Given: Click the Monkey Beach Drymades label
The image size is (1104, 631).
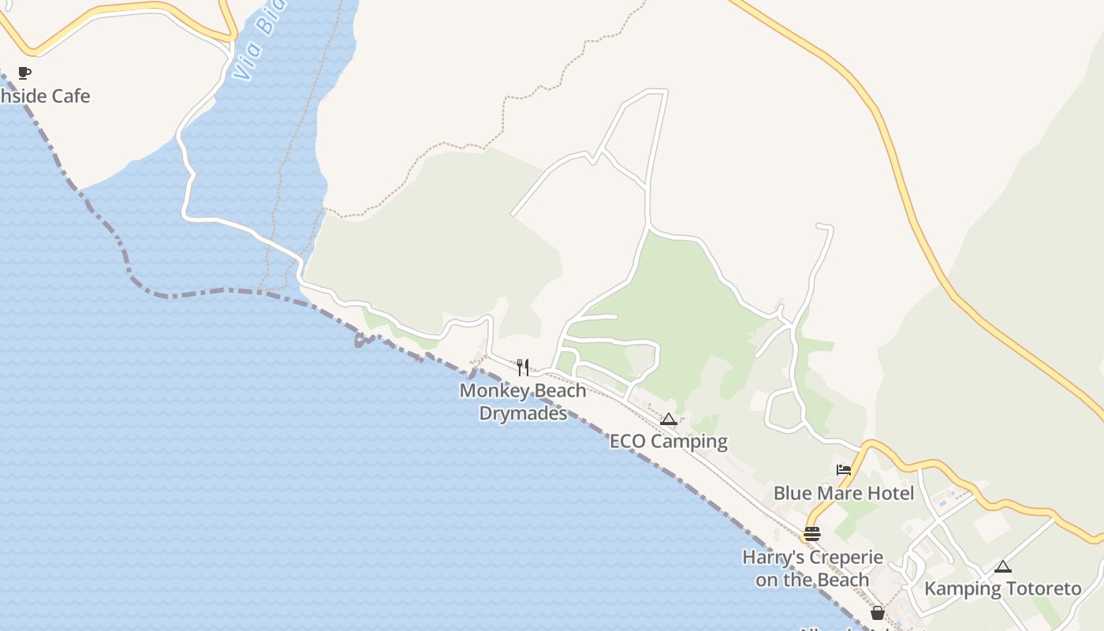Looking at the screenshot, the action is (523, 401).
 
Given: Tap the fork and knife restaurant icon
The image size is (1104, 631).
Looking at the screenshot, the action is (523, 368).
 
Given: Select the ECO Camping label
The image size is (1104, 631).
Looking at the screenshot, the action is (668, 441).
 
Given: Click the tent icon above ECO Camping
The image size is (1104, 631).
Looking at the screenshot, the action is (669, 419).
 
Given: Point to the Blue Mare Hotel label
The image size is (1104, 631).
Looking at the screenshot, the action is (843, 493).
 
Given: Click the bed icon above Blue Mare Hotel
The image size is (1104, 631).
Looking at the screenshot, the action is (844, 470).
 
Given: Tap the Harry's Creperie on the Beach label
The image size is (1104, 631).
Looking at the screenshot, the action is (812, 569).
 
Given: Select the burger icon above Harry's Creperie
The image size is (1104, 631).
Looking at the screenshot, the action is (812, 534).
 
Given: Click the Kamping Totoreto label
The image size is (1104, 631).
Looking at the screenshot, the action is (1002, 588).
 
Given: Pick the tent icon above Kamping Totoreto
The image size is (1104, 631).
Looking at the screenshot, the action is (1002, 566).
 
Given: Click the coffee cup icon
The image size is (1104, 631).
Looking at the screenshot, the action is (24, 73).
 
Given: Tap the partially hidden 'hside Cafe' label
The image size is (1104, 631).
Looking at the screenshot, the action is (45, 96).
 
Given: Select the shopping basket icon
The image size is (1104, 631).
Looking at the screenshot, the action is (878, 613).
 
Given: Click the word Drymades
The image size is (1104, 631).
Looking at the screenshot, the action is (523, 413).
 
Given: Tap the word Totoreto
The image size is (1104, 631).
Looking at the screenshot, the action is (1040, 588).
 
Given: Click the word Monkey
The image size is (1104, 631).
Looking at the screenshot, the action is (494, 390).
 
